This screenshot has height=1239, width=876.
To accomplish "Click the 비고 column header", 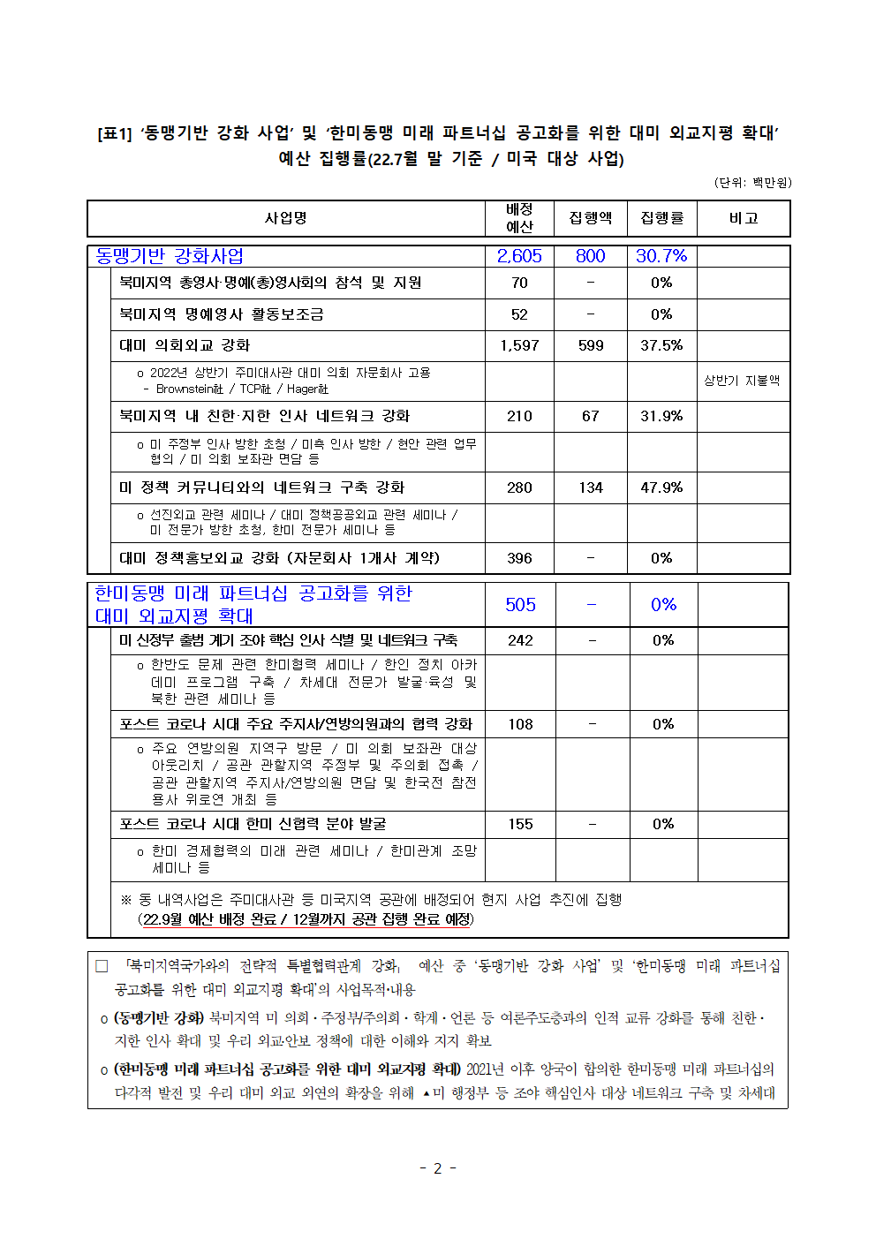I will [744, 218].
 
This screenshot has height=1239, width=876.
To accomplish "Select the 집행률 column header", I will [662, 218].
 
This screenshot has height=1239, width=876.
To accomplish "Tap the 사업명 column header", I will [286, 218].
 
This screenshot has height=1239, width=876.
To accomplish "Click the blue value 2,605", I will [519, 256].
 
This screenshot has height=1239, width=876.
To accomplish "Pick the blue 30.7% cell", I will [661, 256].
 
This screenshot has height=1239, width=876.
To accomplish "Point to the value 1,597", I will [519, 345].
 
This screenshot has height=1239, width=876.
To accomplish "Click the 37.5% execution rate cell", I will [661, 345].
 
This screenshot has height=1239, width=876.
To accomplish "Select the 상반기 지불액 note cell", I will [742, 381].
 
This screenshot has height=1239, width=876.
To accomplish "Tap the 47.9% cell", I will [661, 487].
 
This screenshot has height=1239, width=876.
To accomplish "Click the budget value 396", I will [519, 558].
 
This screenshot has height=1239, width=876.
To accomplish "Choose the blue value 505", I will [520, 605].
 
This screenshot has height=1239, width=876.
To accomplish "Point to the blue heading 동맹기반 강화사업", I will [170, 256].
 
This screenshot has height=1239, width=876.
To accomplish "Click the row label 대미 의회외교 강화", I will [185, 345].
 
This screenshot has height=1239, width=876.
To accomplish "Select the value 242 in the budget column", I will [520, 640].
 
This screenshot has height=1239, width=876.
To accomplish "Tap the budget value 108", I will [520, 724].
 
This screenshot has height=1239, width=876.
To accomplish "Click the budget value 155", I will [520, 824].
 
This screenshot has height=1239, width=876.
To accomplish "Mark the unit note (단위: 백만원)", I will [752, 183].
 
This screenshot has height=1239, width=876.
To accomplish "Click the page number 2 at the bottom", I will [437, 1168].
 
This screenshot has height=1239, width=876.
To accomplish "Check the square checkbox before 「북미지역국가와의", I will [102, 966].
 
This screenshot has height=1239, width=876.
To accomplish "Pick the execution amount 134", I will [591, 487].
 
